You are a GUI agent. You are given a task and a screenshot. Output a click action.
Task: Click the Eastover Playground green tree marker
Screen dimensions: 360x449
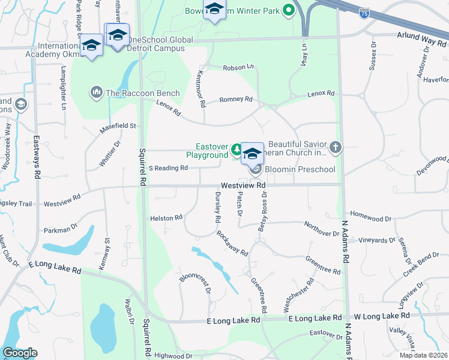[238, 148]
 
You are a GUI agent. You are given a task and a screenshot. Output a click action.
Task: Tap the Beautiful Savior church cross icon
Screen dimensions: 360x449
[336, 146]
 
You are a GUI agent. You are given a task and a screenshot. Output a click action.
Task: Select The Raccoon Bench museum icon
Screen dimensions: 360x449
[96, 92]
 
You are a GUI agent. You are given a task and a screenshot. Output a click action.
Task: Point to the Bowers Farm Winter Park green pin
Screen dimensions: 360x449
[288, 10]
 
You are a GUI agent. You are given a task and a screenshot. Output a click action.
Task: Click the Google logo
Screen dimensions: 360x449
[20, 353]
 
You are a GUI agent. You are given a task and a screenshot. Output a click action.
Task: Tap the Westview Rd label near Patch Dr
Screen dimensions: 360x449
[243, 186]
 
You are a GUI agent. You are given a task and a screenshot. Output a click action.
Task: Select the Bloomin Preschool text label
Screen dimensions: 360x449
[300, 169]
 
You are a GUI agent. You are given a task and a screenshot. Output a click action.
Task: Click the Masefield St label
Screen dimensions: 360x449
[118, 126]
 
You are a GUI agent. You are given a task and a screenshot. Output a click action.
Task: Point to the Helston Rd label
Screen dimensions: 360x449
[166, 218]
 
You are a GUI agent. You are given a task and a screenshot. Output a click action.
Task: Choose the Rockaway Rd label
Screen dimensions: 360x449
[232, 242]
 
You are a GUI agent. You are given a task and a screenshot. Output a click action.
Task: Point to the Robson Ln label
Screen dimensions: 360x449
[238, 68]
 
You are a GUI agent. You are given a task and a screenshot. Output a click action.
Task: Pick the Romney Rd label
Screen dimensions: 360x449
[236, 100]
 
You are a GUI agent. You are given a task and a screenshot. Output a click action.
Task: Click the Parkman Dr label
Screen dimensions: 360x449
[61, 229]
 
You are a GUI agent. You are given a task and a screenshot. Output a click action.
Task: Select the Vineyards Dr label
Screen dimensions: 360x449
[377, 240]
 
